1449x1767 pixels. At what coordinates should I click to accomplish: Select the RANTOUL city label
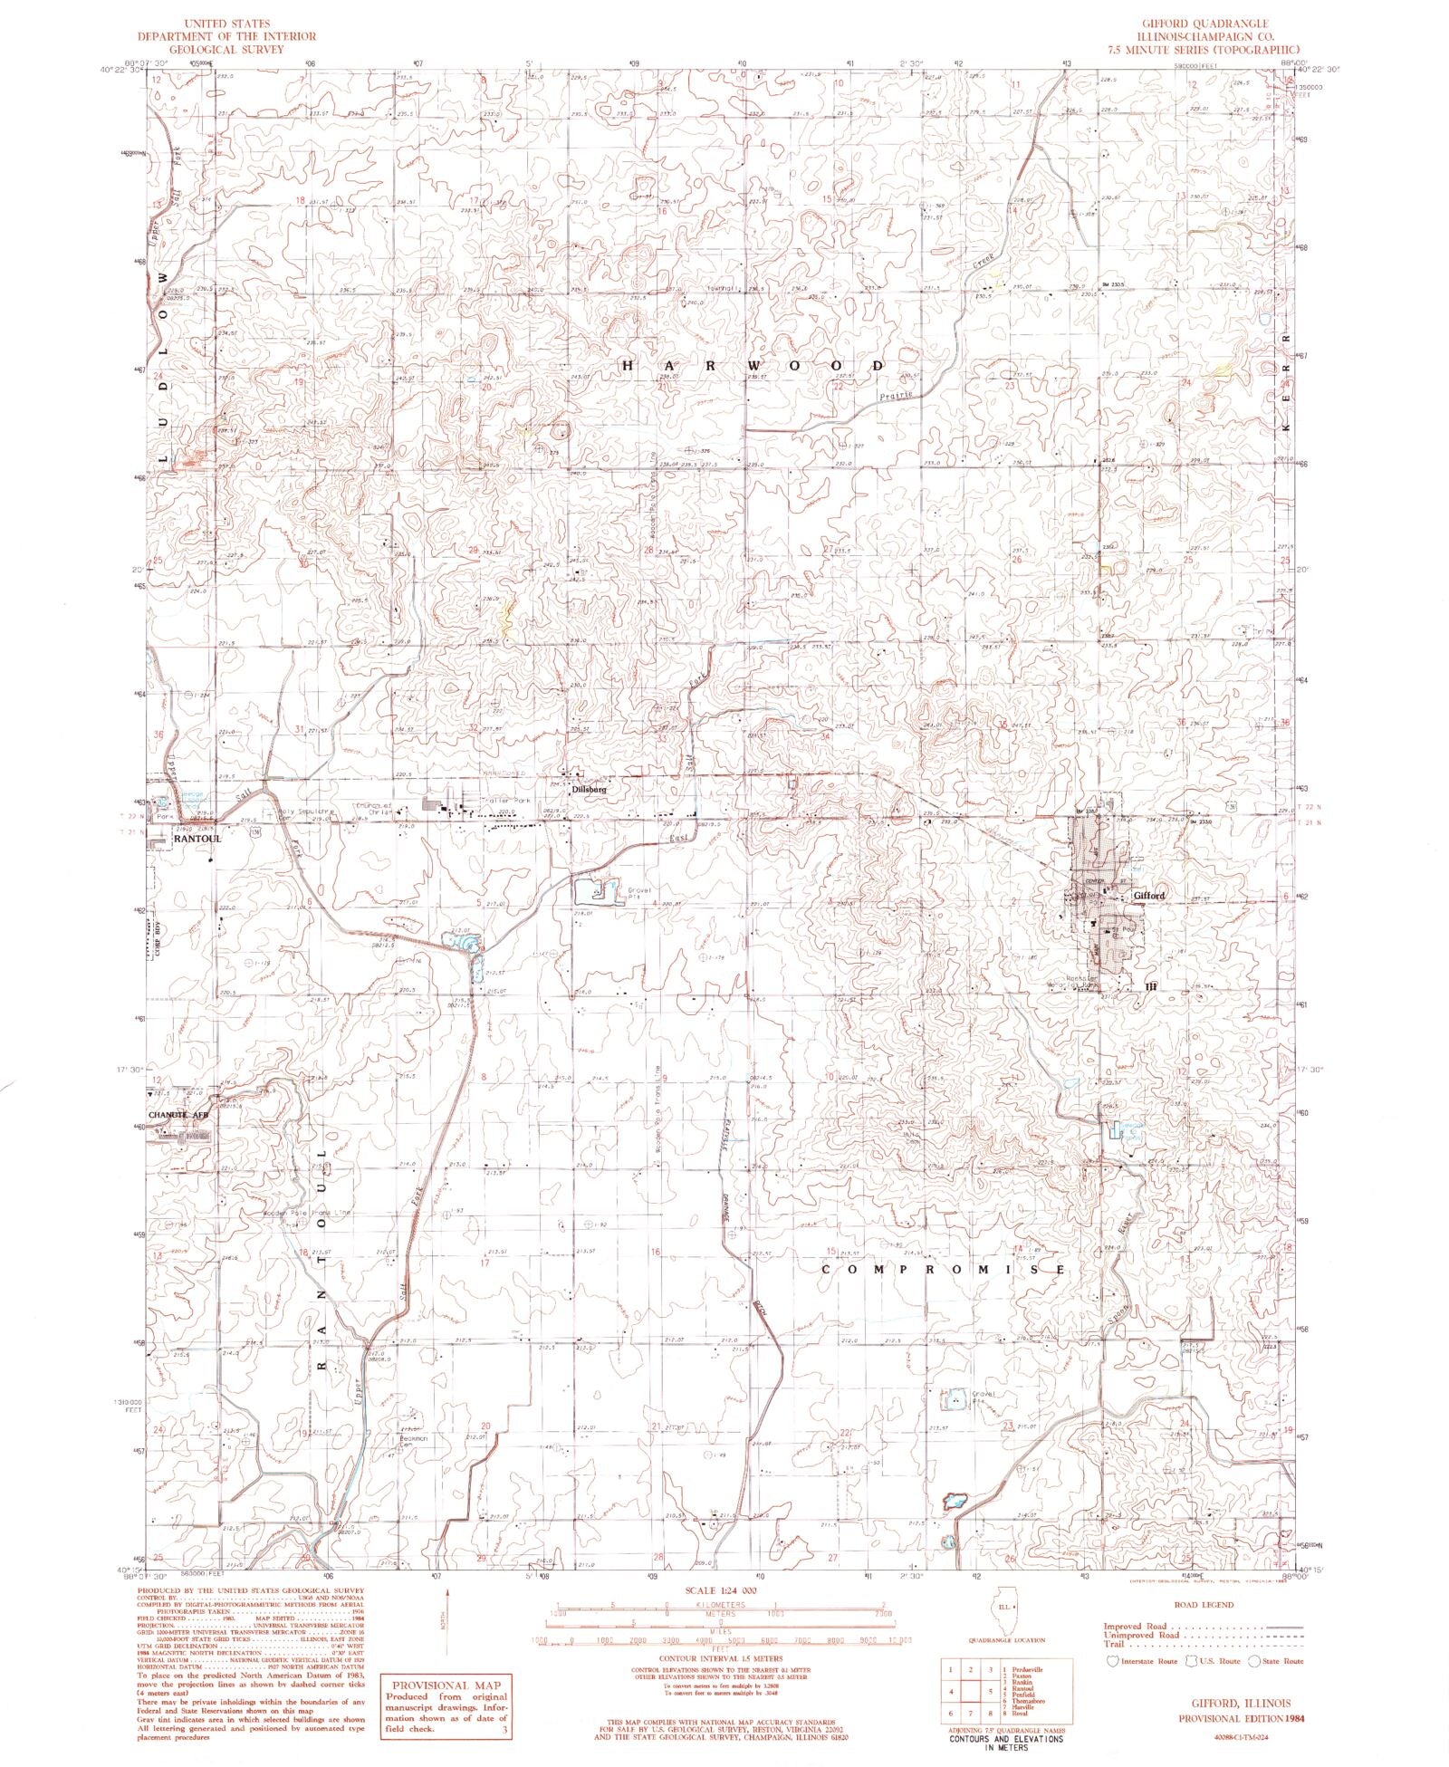point(197,839)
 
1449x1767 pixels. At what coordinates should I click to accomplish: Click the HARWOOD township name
point(752,365)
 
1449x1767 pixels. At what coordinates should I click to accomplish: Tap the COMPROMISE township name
point(942,1270)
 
